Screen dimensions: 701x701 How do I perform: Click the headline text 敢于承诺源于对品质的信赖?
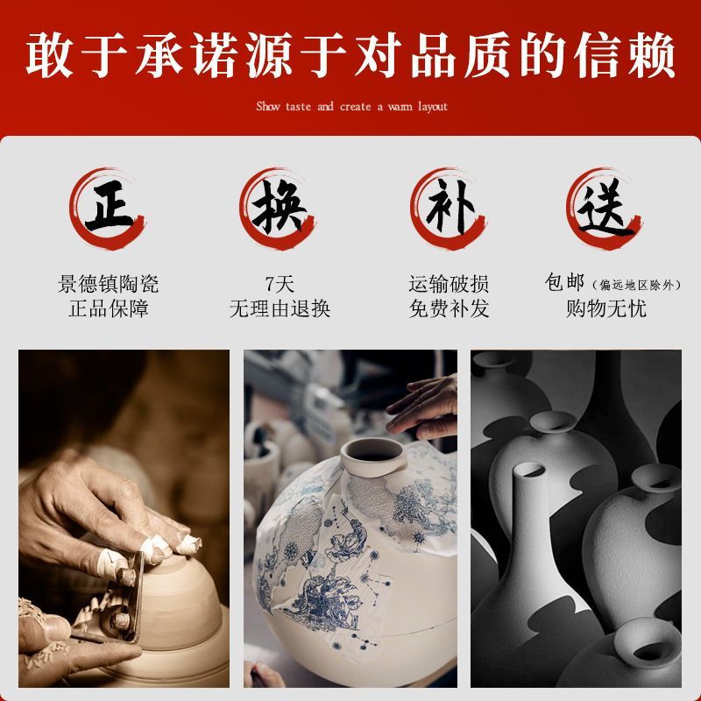pyautogui.click(x=350, y=55)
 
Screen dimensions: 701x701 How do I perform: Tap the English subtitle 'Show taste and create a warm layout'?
pyautogui.click(x=351, y=106)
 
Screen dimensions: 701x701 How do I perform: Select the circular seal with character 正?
pyautogui.click(x=108, y=209)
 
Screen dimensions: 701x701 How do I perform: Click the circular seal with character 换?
pyautogui.click(x=277, y=209)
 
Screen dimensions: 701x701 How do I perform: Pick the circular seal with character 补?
pyautogui.click(x=448, y=209)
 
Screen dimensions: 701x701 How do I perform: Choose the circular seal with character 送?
pyautogui.click(x=605, y=209)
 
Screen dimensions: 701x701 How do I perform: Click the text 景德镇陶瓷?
pyautogui.click(x=108, y=284)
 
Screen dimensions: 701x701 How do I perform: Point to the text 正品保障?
pyautogui.click(x=108, y=308)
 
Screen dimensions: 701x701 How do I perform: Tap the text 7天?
pyautogui.click(x=280, y=284)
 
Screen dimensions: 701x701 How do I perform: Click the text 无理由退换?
pyautogui.click(x=280, y=308)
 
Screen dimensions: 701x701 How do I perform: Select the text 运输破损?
pyautogui.click(x=449, y=284)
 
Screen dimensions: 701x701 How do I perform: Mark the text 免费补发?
pyautogui.click(x=449, y=308)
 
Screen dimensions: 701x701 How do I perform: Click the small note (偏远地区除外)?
pyautogui.click(x=636, y=285)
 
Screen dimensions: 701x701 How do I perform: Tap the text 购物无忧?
pyautogui.click(x=605, y=308)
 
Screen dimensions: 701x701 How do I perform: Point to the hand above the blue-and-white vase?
pyautogui.click(x=422, y=407)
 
